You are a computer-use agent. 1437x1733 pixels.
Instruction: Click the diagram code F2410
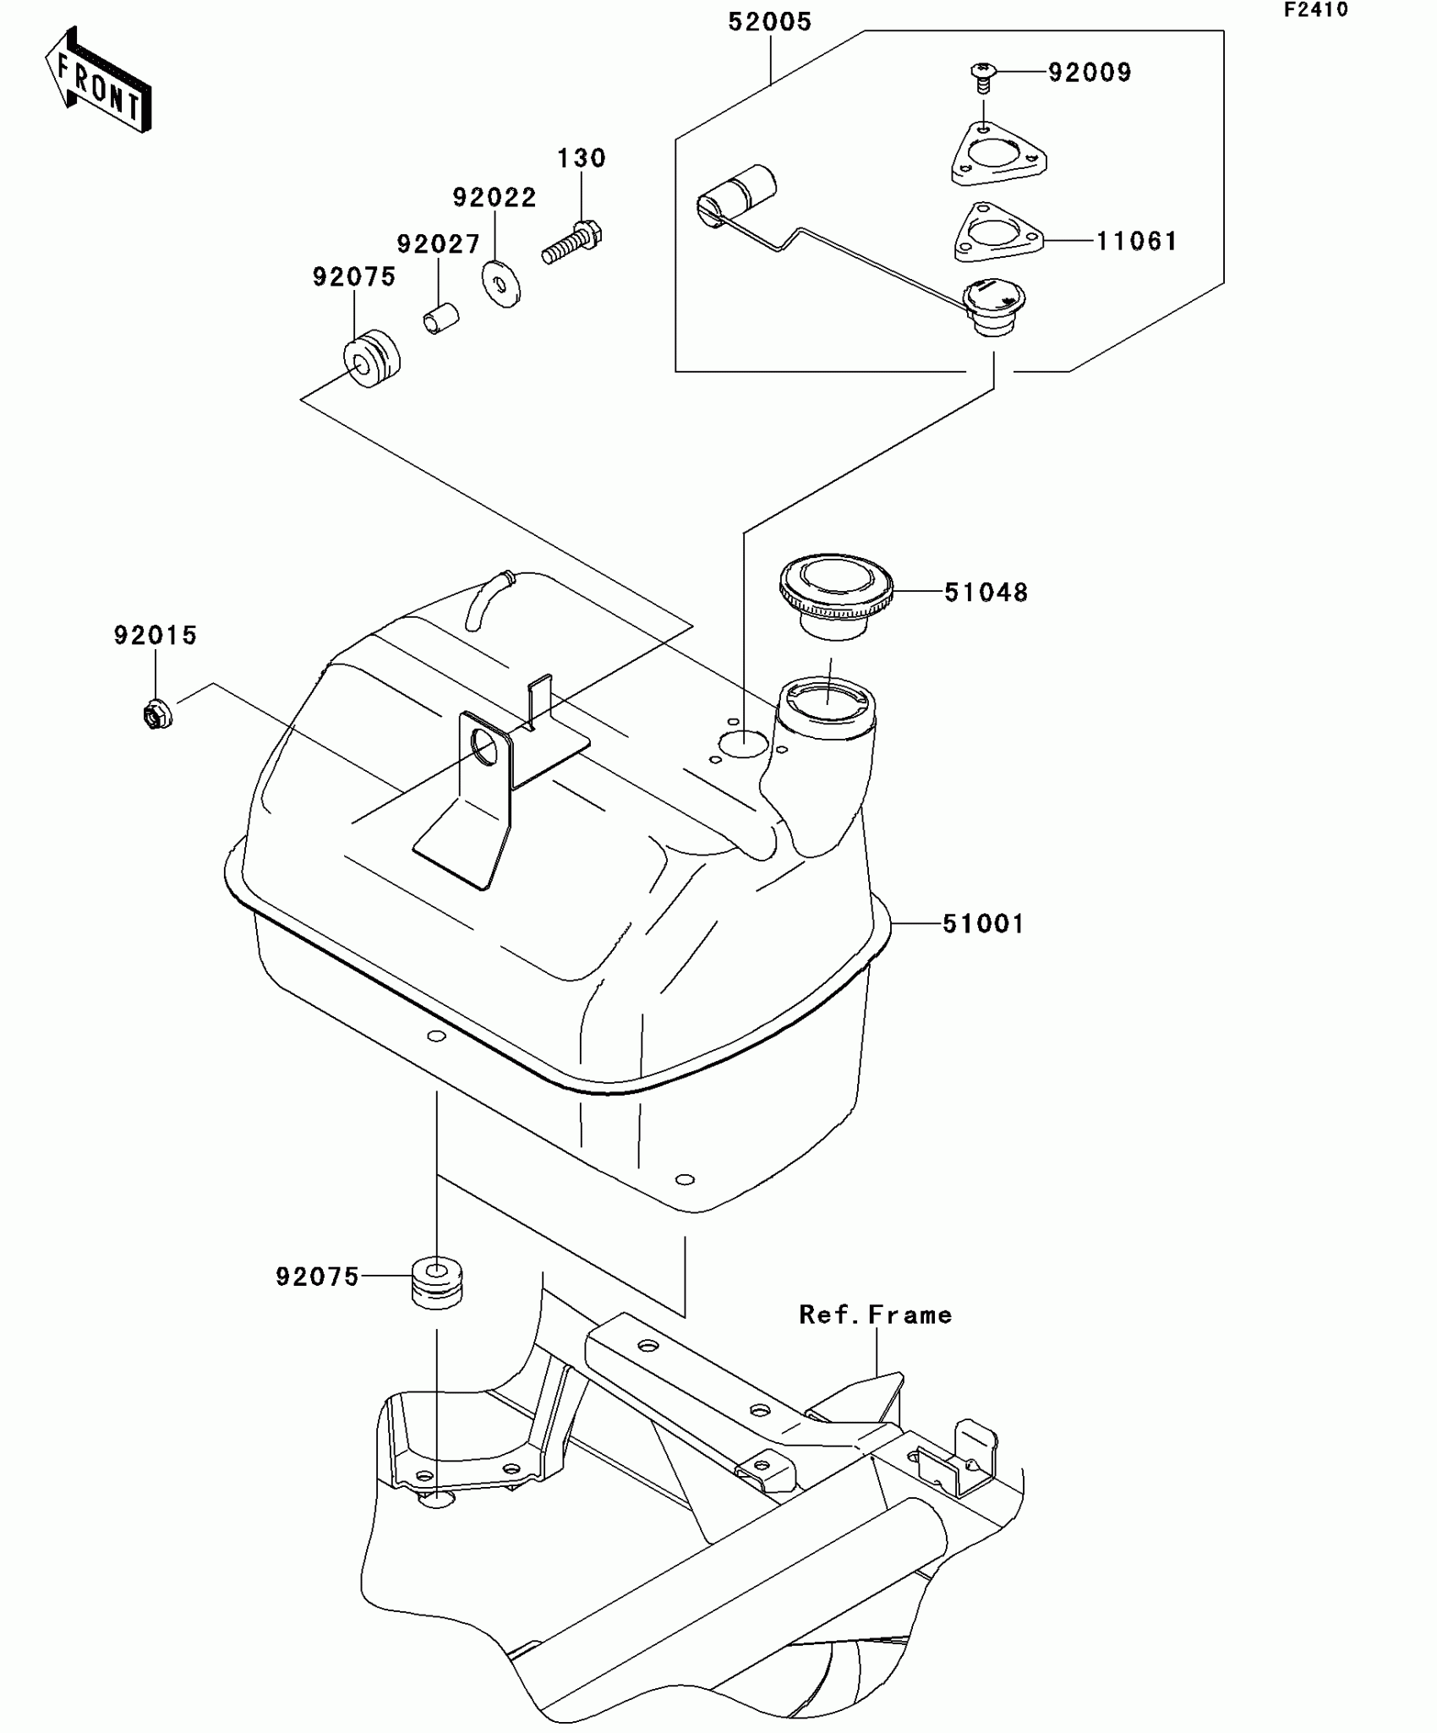(1316, 11)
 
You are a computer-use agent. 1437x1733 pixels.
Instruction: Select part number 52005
(769, 22)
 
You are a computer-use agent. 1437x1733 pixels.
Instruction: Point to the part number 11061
(1136, 242)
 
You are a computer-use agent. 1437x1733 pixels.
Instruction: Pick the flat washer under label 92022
(501, 284)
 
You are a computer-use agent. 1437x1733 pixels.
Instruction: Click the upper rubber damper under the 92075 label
(371, 358)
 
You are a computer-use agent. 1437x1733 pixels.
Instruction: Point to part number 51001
(983, 924)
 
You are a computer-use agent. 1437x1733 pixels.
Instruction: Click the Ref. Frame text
(875, 1315)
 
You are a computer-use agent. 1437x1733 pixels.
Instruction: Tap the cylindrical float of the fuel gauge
(738, 196)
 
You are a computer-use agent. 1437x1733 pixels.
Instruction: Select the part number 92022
(494, 198)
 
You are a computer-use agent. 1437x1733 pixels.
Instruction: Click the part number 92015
(156, 636)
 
